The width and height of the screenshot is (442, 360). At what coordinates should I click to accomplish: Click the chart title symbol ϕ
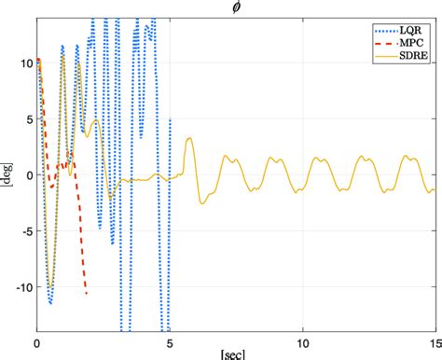click(x=235, y=7)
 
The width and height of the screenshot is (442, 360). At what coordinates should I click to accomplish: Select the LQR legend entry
click(x=412, y=31)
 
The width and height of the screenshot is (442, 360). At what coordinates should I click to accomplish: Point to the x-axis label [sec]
click(x=235, y=355)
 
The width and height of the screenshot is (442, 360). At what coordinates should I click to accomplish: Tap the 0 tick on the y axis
click(x=26, y=174)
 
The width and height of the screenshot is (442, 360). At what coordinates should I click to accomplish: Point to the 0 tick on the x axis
click(x=36, y=341)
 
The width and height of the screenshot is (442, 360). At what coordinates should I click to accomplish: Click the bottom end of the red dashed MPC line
click(x=87, y=295)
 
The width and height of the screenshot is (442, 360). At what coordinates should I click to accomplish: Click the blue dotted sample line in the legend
click(x=382, y=31)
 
